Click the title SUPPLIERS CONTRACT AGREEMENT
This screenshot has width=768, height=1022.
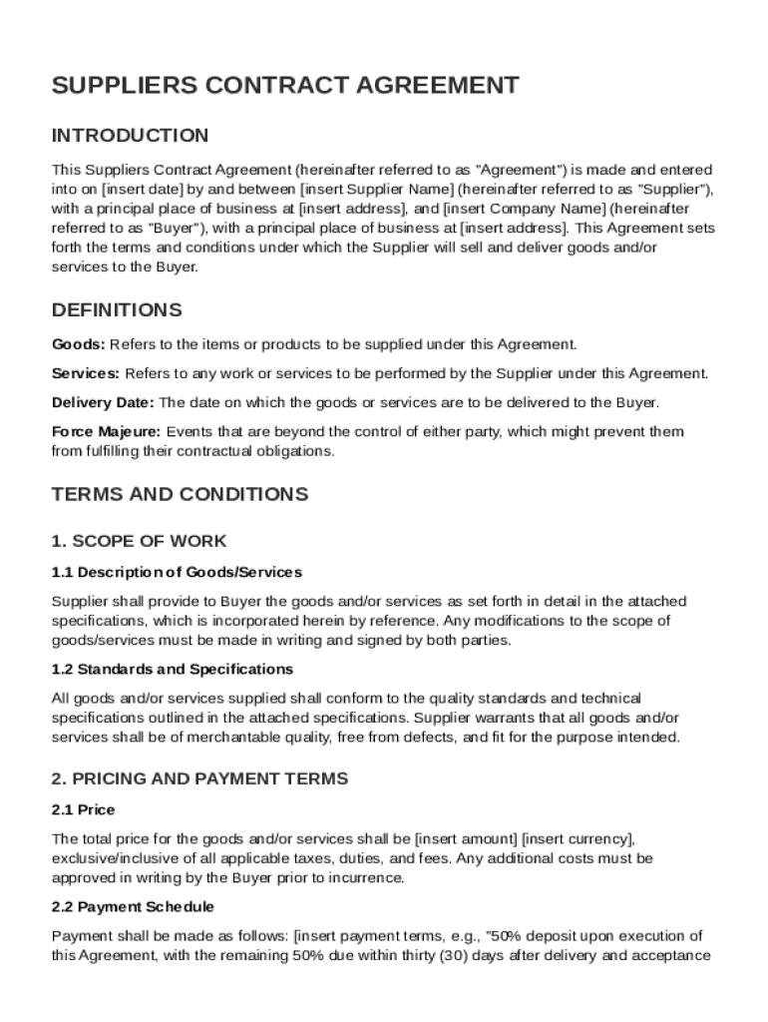pyautogui.click(x=285, y=86)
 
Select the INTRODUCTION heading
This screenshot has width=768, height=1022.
pyautogui.click(x=130, y=136)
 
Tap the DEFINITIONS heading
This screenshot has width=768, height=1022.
pyautogui.click(x=117, y=309)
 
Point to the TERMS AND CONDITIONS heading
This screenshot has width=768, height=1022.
pyautogui.click(x=180, y=495)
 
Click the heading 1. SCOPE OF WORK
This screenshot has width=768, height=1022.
pyautogui.click(x=139, y=542)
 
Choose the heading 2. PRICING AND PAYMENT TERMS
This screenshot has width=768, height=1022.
pyautogui.click(x=199, y=778)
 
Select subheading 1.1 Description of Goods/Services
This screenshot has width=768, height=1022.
pyautogui.click(x=177, y=573)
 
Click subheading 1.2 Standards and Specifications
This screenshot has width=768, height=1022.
pyautogui.click(x=172, y=669)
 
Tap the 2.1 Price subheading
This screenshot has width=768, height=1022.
pyautogui.click(x=83, y=810)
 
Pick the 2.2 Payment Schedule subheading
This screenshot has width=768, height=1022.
pyautogui.click(x=133, y=906)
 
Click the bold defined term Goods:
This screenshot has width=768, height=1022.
pyautogui.click(x=78, y=344)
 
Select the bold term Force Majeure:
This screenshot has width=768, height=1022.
pyautogui.click(x=106, y=432)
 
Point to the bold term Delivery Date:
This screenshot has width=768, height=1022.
pyautogui.click(x=103, y=402)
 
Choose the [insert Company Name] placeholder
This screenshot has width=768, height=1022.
pyautogui.click(x=523, y=209)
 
